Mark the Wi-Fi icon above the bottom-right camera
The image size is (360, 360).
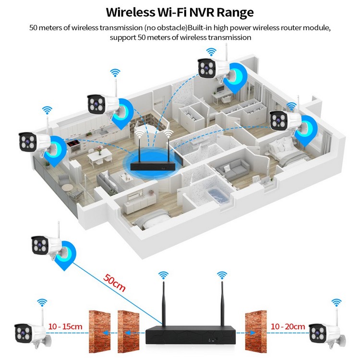[x=337, y=302]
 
